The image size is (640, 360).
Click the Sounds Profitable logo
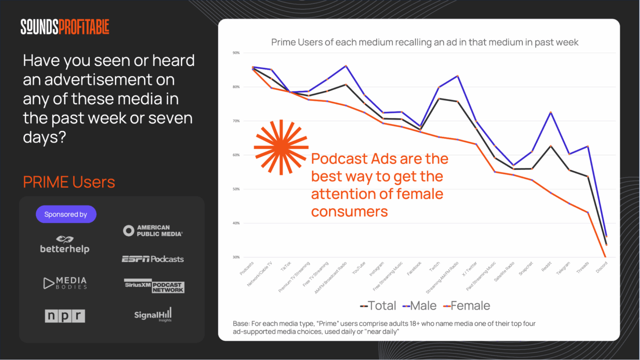pyautogui.click(x=65, y=27)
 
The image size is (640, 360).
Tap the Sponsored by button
pyautogui.click(x=66, y=214)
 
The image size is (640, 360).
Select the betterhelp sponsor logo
pyautogui.click(x=65, y=245)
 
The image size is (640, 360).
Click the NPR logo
pyautogui.click(x=65, y=316)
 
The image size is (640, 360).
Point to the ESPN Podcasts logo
pyautogui.click(x=152, y=259)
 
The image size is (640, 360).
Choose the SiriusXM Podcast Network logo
pyautogui.click(x=154, y=286)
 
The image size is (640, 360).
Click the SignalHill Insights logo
pyautogui.click(x=152, y=315)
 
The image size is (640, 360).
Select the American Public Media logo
pyautogui.click(x=153, y=231)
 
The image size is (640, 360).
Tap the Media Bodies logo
pyautogui.click(x=65, y=283)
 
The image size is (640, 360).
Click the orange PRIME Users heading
pyautogui.click(x=69, y=182)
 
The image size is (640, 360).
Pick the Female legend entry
pyautogui.click(x=466, y=306)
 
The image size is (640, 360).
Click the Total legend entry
pyautogui.click(x=378, y=306)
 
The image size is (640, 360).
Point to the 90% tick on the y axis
pyautogui.click(x=236, y=53)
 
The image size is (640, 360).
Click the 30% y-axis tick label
pyautogui.click(x=236, y=257)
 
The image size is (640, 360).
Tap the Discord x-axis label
pyautogui.click(x=602, y=267)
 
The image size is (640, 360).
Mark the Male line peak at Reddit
pyautogui.click(x=551, y=112)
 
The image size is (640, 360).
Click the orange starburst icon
pyautogui.click(x=281, y=147)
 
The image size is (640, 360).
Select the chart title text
pyautogui.click(x=425, y=42)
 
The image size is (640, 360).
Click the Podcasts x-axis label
pyautogui.click(x=247, y=268)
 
